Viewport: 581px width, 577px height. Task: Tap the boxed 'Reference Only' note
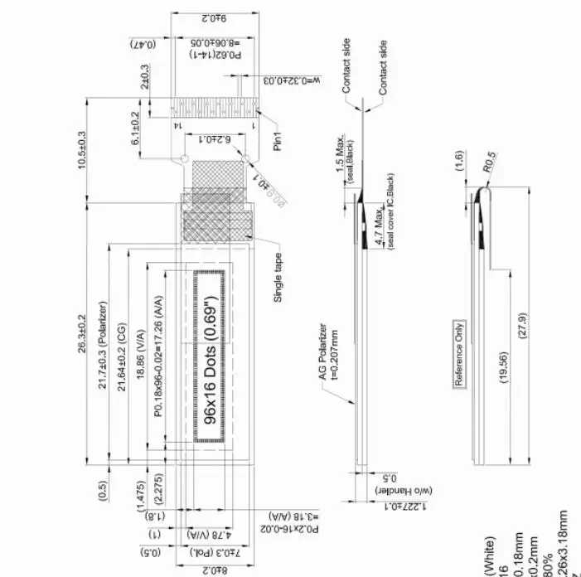[459, 354]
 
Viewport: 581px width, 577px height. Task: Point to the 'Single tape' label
[278, 278]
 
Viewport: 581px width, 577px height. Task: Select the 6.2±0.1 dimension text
[204, 139]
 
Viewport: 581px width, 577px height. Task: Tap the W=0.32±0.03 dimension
[288, 80]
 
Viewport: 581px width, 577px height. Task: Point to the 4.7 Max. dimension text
[380, 228]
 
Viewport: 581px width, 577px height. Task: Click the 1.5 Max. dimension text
[339, 158]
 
